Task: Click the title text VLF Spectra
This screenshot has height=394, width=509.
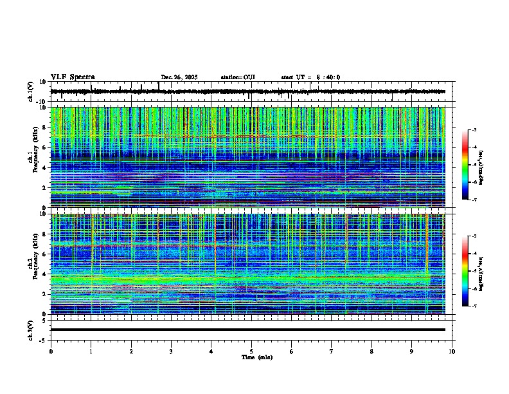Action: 73,77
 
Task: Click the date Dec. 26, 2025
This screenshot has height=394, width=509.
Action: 179,77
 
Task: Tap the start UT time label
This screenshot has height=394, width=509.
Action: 310,77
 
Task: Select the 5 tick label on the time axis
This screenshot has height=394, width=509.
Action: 251,352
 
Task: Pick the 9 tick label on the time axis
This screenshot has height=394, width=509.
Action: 412,352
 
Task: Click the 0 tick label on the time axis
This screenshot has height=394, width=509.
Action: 51,352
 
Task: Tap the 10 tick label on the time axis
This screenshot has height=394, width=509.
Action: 452,352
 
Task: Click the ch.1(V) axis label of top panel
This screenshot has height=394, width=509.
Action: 30,92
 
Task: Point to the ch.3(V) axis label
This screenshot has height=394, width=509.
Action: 30,329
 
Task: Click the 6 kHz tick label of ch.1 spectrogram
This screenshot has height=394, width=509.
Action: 45,148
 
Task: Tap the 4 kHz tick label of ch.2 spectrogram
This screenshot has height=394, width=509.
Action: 45,274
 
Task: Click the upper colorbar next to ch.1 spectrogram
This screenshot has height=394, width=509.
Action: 470,165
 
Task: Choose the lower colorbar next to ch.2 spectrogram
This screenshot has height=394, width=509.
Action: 470,271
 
